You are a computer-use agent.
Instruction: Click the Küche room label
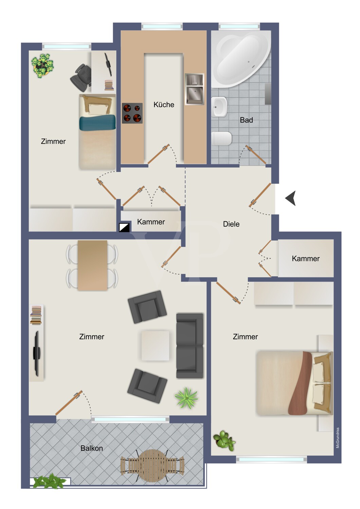click(x=164, y=105)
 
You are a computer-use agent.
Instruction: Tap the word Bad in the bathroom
click(x=246, y=120)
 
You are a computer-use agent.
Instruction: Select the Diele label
click(x=231, y=224)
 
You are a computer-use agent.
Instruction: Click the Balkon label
click(x=92, y=448)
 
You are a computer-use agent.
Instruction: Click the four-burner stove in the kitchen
click(x=132, y=113)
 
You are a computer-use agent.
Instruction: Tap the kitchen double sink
click(x=194, y=89)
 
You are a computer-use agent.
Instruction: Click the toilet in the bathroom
click(x=221, y=138)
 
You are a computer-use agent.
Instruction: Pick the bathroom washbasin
click(x=219, y=107)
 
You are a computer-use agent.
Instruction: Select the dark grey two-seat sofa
click(x=190, y=346)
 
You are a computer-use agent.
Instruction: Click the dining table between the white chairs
click(x=92, y=265)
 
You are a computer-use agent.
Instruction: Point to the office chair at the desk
click(x=81, y=78)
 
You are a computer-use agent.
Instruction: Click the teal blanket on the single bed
click(x=97, y=122)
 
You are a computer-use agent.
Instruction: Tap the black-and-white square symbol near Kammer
click(x=124, y=227)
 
